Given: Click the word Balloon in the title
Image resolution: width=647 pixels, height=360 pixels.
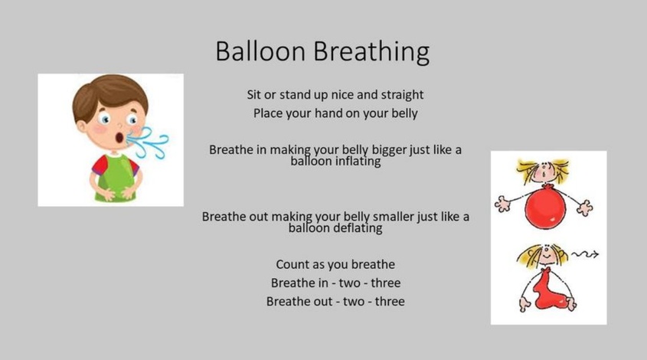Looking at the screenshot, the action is coord(260,51).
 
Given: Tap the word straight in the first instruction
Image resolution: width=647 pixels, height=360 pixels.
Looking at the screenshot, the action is coord(402,96).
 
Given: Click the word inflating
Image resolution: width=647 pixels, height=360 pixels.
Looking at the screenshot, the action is coord(358,162).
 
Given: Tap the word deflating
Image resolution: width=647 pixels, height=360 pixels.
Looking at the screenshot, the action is coord(358,228).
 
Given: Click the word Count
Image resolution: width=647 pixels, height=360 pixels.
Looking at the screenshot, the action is coord(290,264).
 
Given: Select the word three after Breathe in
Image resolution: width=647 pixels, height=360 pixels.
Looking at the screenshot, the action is coord(385,283).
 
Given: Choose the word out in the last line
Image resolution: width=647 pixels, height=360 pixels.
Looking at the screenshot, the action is coord(322,302).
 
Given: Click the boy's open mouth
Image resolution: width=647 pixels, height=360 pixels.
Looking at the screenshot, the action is coord(119,137).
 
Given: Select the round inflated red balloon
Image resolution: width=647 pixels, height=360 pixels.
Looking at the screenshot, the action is coord(545,206).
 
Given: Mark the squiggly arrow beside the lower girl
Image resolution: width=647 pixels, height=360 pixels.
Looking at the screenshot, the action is coord(585,254).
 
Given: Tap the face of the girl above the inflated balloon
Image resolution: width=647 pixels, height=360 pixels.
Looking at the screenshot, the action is coord(544,172).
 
